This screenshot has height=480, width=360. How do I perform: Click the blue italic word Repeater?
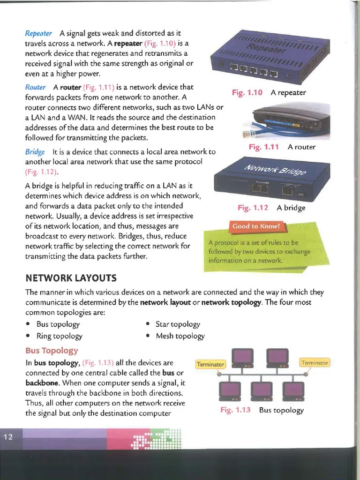point(38,33)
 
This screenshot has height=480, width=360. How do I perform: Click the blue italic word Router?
point(36,88)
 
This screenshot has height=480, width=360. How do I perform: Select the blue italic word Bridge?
point(35,152)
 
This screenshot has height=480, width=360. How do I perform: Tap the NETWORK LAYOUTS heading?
point(71,278)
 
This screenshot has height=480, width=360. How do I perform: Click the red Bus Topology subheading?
point(52,351)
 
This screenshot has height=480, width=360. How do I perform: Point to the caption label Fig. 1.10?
point(247,92)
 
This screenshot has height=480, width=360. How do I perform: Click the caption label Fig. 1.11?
point(263,147)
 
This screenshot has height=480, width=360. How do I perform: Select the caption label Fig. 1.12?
point(253,207)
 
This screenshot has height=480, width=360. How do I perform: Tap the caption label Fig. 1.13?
point(235,410)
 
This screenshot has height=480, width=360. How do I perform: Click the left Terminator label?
point(210,364)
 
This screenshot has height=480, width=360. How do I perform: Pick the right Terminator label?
point(315,362)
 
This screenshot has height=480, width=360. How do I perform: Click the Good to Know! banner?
point(256,226)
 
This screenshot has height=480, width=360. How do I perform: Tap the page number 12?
point(8,437)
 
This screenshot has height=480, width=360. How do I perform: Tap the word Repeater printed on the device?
point(266,48)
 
